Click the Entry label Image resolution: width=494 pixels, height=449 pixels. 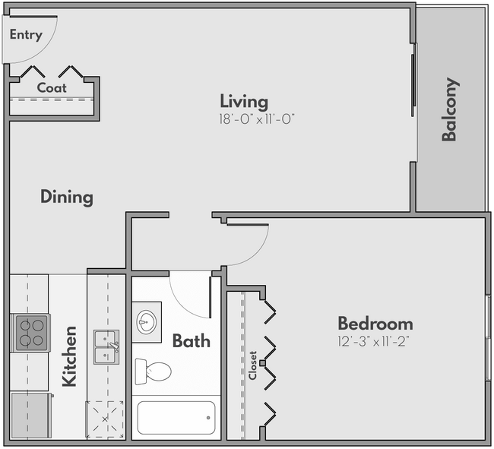(x=26, y=34)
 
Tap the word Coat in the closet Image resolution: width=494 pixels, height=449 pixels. (x=52, y=87)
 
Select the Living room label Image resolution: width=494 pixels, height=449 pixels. (x=244, y=101)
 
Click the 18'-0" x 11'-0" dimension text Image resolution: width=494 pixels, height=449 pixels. (x=256, y=119)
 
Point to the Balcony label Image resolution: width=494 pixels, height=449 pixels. (x=450, y=109)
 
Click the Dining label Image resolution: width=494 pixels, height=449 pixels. (x=67, y=198)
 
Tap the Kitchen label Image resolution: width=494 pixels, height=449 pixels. (x=69, y=356)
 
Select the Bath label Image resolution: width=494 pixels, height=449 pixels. (x=191, y=340)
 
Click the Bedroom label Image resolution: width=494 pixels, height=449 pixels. (x=375, y=323)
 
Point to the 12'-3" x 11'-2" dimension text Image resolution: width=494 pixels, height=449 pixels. (x=375, y=341)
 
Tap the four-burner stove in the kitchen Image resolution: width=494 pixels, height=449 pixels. (x=31, y=332)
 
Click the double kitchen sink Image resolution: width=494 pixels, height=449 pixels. (x=107, y=347)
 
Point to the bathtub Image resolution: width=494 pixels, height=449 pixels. (x=176, y=417)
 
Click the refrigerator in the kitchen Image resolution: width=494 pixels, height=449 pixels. (x=30, y=416)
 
